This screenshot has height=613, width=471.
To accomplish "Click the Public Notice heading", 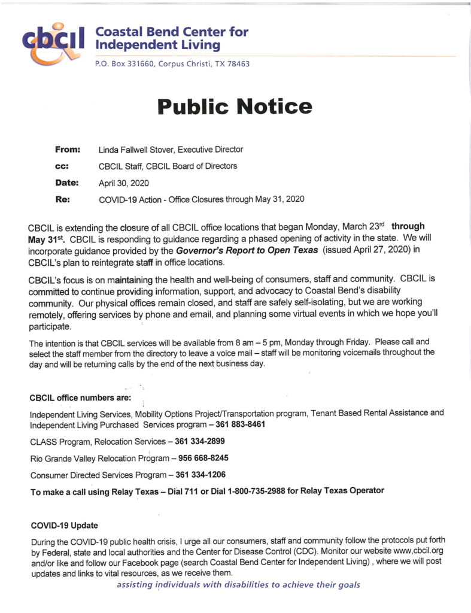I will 235,107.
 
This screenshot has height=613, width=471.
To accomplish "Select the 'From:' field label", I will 67,149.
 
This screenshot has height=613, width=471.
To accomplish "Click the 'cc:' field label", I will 62,166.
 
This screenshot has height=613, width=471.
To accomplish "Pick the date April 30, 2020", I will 124,183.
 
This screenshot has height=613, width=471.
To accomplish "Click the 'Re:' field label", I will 63,199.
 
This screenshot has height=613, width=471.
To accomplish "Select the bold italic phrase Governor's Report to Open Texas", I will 247,250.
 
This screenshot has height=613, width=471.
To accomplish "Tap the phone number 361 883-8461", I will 241,424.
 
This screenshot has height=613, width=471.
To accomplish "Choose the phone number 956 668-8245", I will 203,458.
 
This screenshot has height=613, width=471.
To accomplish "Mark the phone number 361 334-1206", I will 200,475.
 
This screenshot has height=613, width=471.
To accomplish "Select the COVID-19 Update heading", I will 64,526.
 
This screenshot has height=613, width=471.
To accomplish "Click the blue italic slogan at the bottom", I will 238,585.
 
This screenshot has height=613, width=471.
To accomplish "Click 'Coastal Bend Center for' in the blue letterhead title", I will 172,32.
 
